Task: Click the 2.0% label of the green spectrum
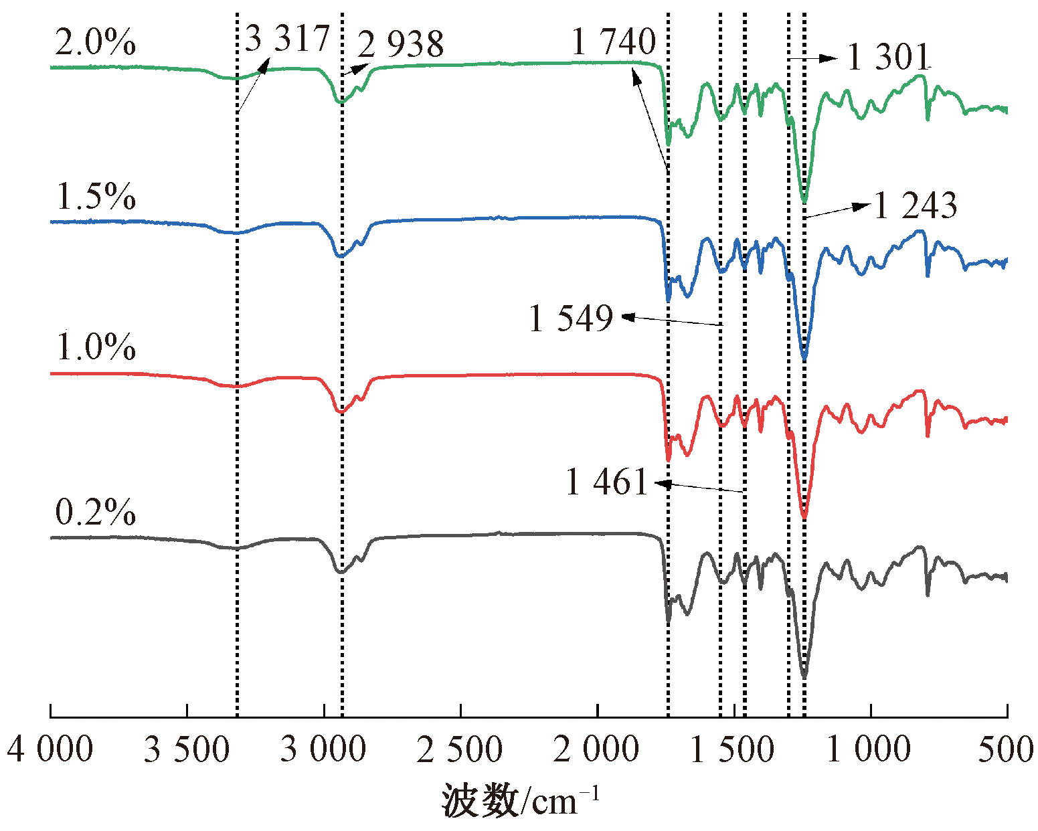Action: tap(95, 42)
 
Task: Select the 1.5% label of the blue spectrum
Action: tap(96, 196)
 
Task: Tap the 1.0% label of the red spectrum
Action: tap(96, 347)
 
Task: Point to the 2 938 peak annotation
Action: tap(400, 44)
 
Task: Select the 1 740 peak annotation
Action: tap(614, 41)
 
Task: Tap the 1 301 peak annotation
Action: tap(889, 57)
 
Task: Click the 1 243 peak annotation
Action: tap(916, 205)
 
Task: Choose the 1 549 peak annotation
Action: tap(571, 318)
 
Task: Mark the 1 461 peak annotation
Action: tap(607, 482)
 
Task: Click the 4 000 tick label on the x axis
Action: tap(50, 749)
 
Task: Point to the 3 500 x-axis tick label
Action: tap(187, 749)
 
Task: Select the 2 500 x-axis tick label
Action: tap(460, 749)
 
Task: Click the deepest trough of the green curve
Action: tap(804, 201)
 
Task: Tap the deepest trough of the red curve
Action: tap(804, 517)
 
